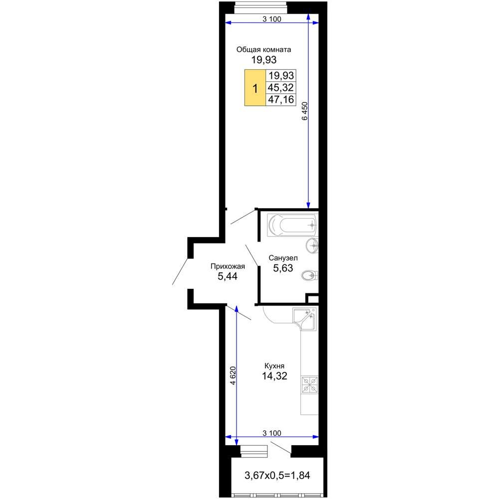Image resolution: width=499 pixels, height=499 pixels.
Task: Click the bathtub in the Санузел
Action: [x=292, y=226]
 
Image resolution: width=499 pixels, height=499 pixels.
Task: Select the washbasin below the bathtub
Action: [x=312, y=246]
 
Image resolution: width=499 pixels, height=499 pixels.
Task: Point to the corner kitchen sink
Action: [x=305, y=318]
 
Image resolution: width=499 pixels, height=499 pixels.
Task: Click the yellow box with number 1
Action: [x=255, y=87]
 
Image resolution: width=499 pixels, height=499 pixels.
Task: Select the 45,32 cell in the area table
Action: [x=280, y=87]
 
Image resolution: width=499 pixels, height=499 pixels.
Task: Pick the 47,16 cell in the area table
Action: [x=280, y=100]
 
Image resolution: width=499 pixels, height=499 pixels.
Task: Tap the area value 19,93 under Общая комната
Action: [x=264, y=59]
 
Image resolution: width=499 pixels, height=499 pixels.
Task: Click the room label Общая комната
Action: [x=263, y=49]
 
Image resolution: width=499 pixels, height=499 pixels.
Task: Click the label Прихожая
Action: [x=228, y=266]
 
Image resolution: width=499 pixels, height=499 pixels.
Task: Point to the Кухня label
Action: [x=274, y=366]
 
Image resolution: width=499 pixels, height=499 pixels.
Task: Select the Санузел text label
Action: [x=283, y=258]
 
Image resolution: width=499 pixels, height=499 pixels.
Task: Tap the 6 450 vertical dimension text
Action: [x=305, y=111]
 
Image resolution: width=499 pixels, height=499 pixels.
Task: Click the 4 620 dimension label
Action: [x=233, y=376]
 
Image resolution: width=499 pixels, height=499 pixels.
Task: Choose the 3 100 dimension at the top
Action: [x=272, y=19]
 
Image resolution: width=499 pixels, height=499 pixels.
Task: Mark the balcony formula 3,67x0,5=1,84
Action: [x=277, y=476]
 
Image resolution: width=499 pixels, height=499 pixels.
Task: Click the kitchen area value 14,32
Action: [x=274, y=376]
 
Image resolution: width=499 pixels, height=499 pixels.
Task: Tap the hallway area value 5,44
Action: [x=228, y=276]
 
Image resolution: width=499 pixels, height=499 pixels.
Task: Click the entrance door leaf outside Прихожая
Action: [x=180, y=271]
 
